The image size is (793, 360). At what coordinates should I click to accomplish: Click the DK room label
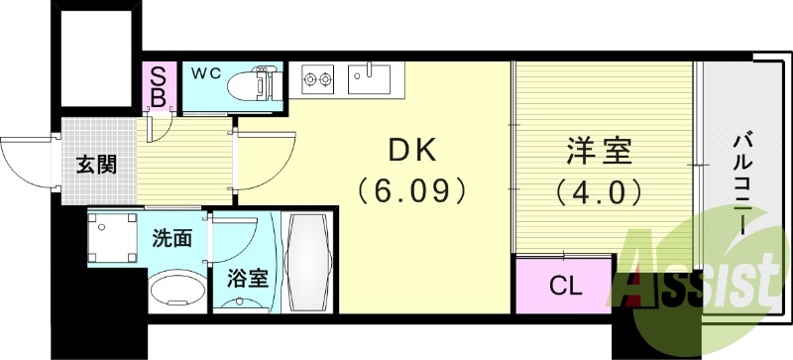tap(409, 151)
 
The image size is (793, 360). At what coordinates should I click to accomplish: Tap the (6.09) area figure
tap(409, 187)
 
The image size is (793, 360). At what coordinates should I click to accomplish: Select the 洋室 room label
tap(599, 155)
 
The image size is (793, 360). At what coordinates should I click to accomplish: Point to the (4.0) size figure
tap(599, 189)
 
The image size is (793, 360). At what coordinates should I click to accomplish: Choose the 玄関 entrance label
tap(96, 164)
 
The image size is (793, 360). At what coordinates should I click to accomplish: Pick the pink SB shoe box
tap(158, 86)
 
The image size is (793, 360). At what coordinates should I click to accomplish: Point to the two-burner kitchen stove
tap(319, 77)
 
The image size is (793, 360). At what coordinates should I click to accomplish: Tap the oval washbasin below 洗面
tap(174, 292)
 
